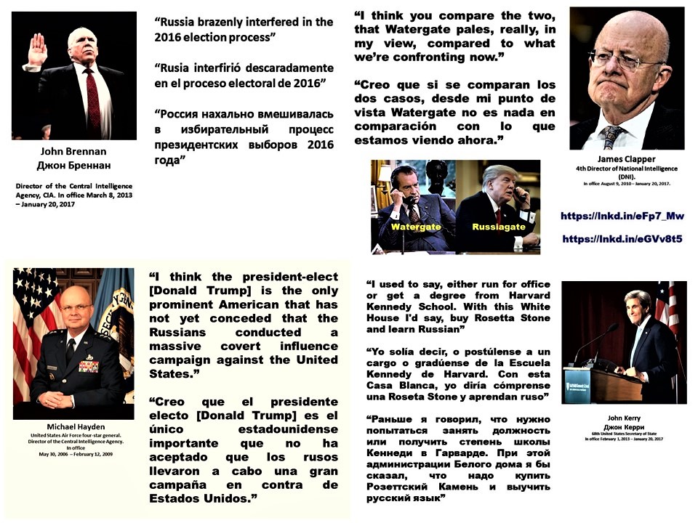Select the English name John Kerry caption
(624, 418)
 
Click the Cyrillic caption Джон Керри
(624, 427)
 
